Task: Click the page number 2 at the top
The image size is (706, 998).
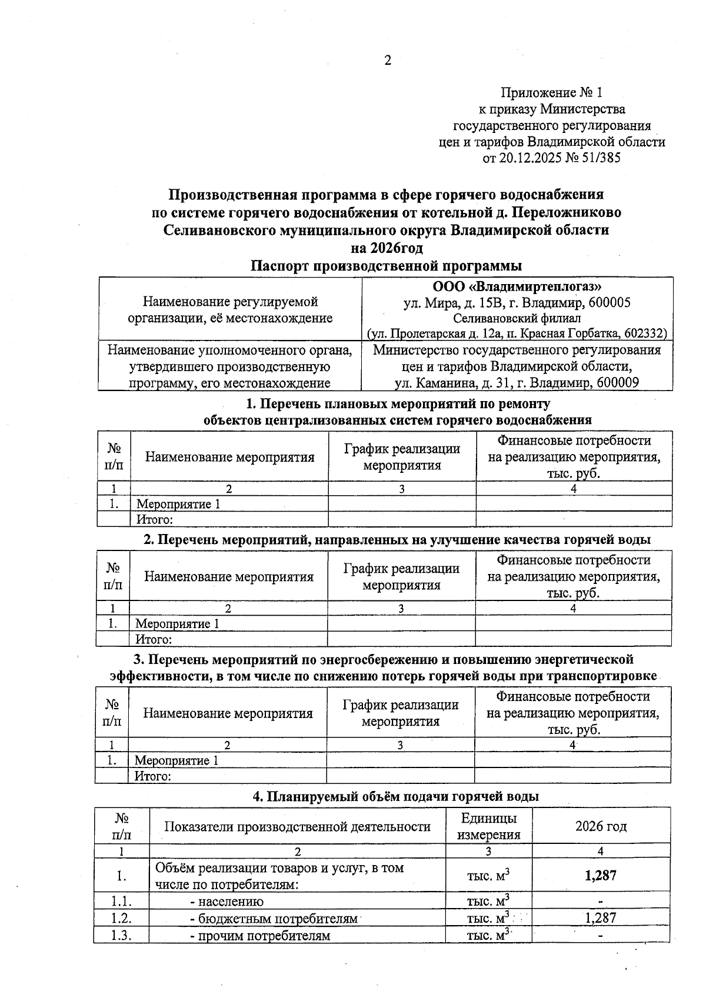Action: pyautogui.click(x=387, y=60)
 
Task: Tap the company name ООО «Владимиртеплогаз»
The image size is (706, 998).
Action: pyautogui.click(x=517, y=287)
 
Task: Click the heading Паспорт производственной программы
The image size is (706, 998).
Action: pyautogui.click(x=387, y=266)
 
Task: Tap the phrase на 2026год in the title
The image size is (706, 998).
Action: pyautogui.click(x=387, y=248)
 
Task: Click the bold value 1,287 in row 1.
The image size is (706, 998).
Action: pyautogui.click(x=600, y=876)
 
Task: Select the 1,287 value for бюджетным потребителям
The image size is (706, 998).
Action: pyautogui.click(x=600, y=918)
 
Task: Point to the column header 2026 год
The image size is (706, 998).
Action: pyautogui.click(x=600, y=826)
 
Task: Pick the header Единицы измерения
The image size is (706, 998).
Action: pyautogui.click(x=488, y=826)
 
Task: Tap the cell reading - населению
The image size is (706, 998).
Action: pyautogui.click(x=227, y=902)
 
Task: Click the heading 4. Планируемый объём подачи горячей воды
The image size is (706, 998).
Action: pyautogui.click(x=395, y=797)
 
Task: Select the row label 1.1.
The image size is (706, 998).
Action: pyautogui.click(x=121, y=902)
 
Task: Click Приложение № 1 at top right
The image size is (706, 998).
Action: pyautogui.click(x=551, y=92)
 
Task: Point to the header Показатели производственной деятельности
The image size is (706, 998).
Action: pyautogui.click(x=297, y=826)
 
